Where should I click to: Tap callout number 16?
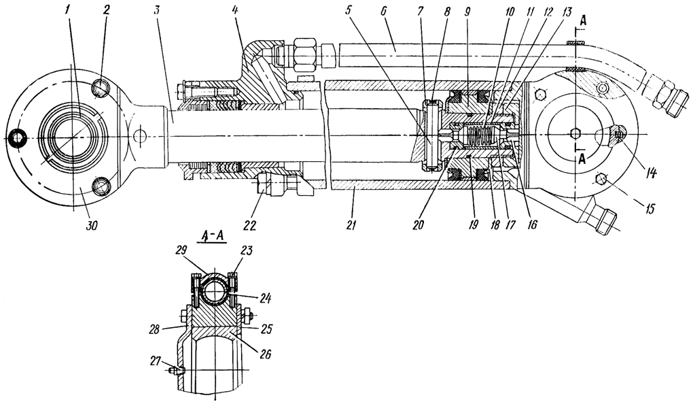(x=531, y=222)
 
